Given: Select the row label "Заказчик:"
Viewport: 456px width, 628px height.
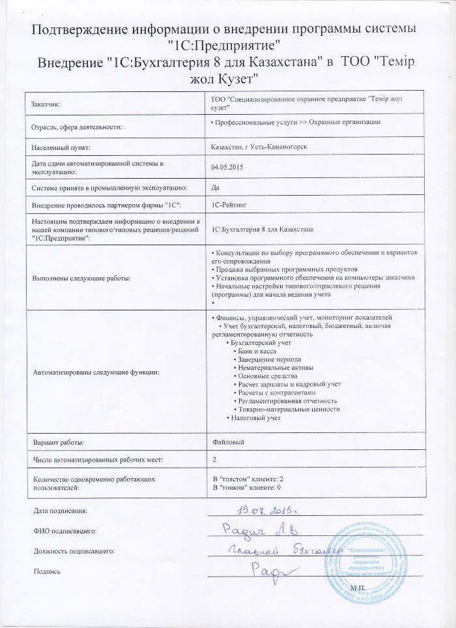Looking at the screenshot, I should click(46, 104).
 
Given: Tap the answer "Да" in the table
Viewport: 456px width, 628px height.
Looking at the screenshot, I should click(216, 187).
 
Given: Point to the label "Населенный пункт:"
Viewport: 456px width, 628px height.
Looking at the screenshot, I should click(61, 147).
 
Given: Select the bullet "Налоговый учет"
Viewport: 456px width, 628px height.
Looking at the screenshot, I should click(254, 418).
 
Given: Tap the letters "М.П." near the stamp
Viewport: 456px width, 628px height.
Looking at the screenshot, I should click(358, 588).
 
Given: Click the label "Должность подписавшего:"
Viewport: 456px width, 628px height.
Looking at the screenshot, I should click(74, 551).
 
